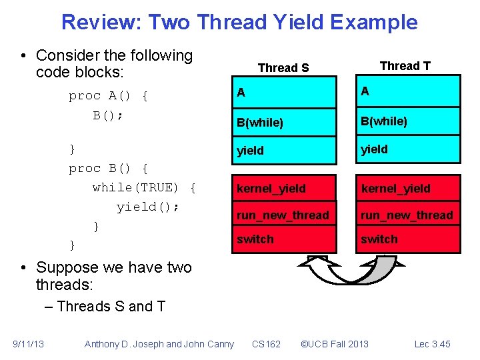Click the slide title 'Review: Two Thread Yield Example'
[x=239, y=23]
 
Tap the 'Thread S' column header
[x=283, y=67]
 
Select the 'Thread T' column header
[x=405, y=65]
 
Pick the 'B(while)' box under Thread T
[x=407, y=121]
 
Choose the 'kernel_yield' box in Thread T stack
[x=407, y=189]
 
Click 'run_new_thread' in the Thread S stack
[x=282, y=215]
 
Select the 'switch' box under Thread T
[x=407, y=239]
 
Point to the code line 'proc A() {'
[x=108, y=96]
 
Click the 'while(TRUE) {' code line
[x=144, y=187]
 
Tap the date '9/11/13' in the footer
[x=28, y=344]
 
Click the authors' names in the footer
[x=159, y=344]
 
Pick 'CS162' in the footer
[x=266, y=344]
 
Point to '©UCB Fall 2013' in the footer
[x=334, y=344]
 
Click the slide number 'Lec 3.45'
[x=432, y=344]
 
